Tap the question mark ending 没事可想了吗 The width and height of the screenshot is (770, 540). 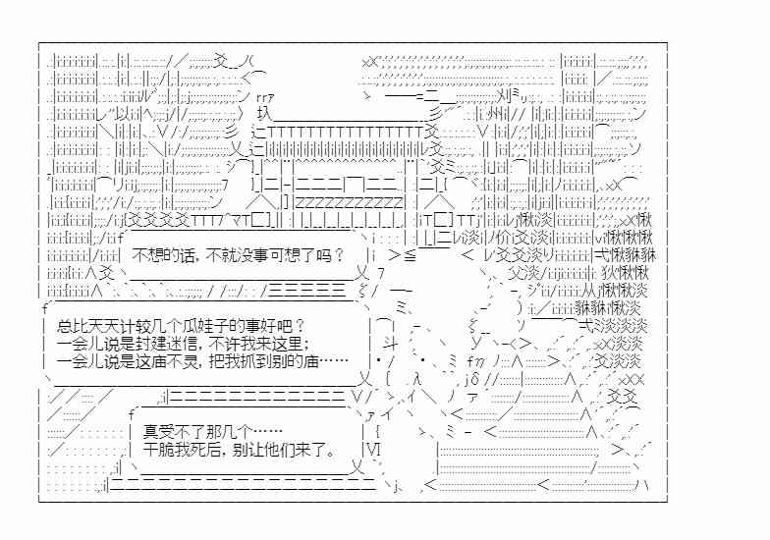click(x=339, y=255)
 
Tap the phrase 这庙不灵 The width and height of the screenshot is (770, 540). click(x=166, y=361)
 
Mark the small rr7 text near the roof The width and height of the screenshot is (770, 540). click(x=265, y=97)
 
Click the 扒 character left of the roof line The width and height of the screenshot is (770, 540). click(x=264, y=114)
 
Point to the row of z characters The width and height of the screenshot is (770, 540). click(x=350, y=202)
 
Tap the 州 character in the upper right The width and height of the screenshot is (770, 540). click(x=496, y=115)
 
